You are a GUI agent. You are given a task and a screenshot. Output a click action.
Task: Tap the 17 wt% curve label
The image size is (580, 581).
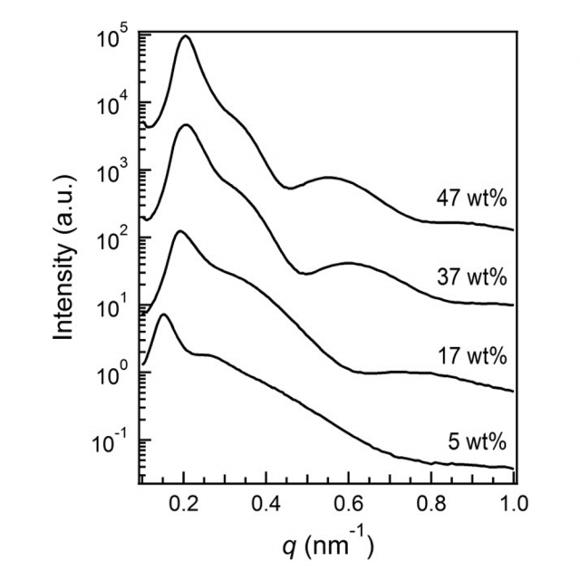[471, 356]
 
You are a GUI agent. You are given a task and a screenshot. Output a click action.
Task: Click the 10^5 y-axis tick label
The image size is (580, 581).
[111, 40]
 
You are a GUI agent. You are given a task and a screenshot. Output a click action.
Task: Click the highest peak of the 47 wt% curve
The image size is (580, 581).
[187, 36]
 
